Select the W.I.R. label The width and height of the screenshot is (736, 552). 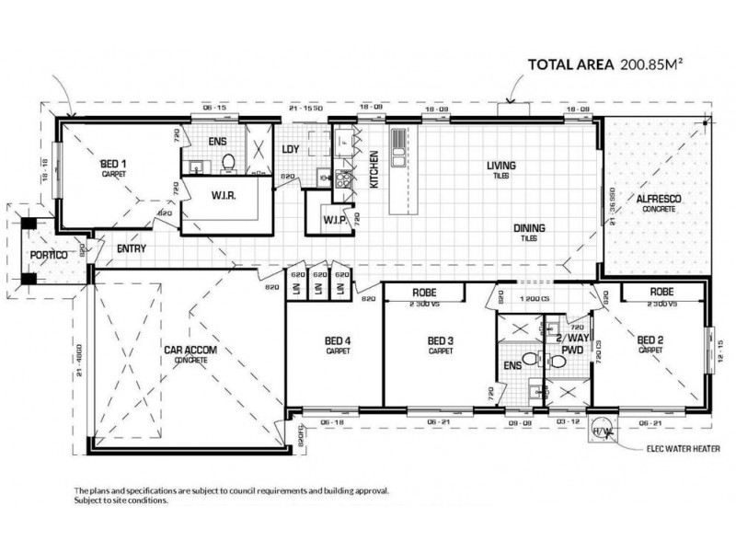tap(224, 193)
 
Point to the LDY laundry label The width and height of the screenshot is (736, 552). tap(290, 149)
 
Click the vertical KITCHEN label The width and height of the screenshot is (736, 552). tap(374, 169)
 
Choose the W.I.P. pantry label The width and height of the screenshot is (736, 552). tap(333, 221)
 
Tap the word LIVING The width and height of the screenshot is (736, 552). tap(501, 166)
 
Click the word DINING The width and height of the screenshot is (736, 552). tap(528, 228)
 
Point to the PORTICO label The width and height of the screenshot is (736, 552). tap(46, 254)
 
